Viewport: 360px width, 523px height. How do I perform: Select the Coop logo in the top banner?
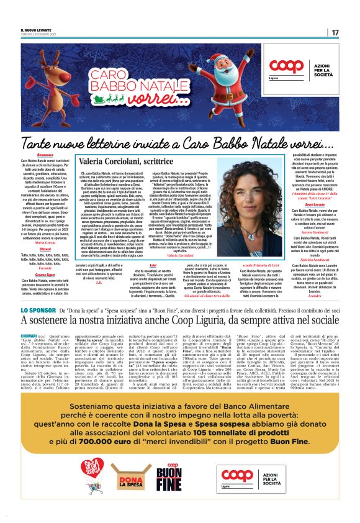pyautogui.click(x=287, y=67)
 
